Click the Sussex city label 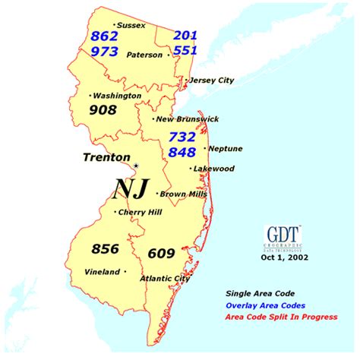(131, 25)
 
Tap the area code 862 (104, 36)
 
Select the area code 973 (104, 51)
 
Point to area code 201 (185, 36)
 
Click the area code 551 (185, 50)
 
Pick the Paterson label (144, 55)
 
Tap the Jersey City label (213, 80)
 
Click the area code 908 (103, 110)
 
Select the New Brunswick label (187, 118)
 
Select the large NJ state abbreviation (131, 186)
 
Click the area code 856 (106, 249)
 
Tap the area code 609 (161, 253)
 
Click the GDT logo (283, 235)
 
